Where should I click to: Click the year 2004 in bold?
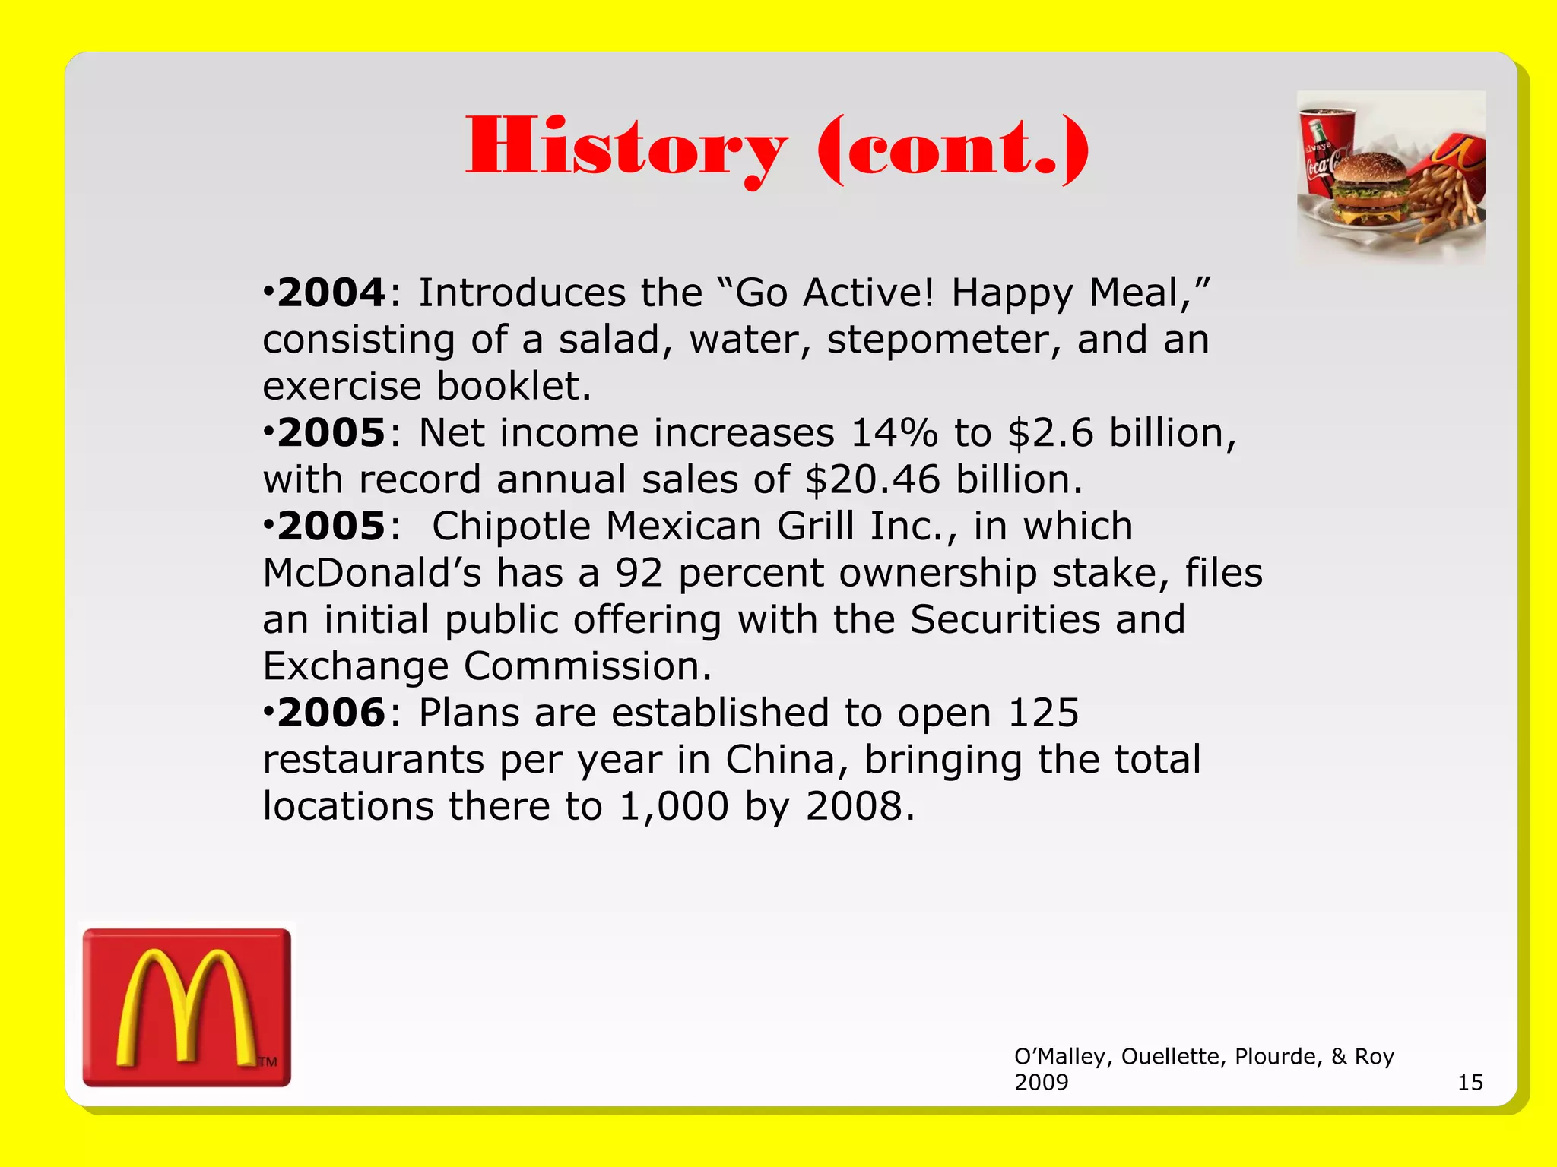point(331,293)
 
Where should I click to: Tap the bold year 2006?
point(331,713)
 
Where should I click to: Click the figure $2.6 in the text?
point(1051,434)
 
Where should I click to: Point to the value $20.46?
point(873,480)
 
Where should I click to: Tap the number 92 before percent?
point(639,574)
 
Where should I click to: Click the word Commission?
point(588,667)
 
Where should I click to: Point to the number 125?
point(1042,713)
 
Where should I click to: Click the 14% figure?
point(894,434)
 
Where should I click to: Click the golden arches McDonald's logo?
point(187,1007)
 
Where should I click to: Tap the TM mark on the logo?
point(268,1061)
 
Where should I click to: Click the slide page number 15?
point(1470,1082)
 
